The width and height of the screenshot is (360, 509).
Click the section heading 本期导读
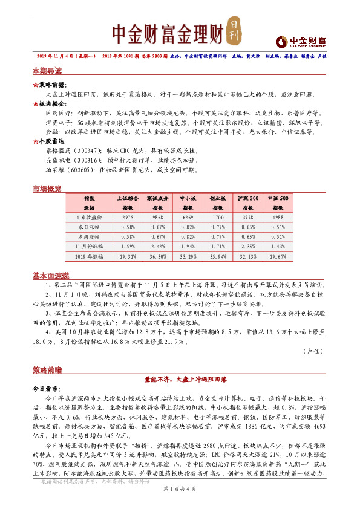click(x=47, y=71)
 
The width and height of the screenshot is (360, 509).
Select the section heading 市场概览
click(x=47, y=189)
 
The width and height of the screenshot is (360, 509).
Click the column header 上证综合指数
click(x=127, y=203)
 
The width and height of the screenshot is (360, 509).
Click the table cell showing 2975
click(x=127, y=216)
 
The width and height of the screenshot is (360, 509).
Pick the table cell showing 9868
click(x=157, y=216)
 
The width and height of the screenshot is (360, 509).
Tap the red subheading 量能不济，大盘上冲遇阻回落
click(x=180, y=378)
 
